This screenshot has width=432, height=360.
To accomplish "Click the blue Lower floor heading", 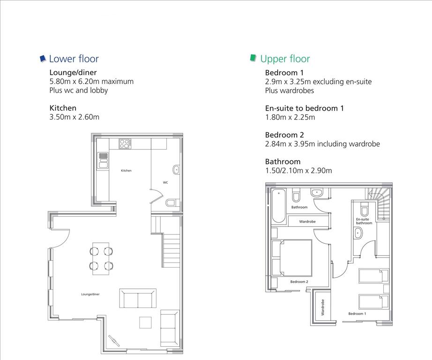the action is pyautogui.click(x=74, y=59).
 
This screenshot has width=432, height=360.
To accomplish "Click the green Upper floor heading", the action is pyautogui.click(x=285, y=59).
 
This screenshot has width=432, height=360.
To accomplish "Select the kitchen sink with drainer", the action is pyautogui.click(x=104, y=160).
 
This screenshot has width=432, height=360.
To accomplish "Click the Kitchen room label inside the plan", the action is pyautogui.click(x=126, y=171).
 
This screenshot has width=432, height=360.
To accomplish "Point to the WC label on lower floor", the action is pyautogui.click(x=165, y=182).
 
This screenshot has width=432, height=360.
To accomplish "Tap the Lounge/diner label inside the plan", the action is pyautogui.click(x=90, y=294).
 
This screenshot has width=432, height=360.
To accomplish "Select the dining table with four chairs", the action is pyautogui.click(x=101, y=259).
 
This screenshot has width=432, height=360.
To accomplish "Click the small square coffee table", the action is pyautogui.click(x=145, y=322).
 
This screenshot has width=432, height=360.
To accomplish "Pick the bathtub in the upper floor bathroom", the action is pyautogui.click(x=278, y=205).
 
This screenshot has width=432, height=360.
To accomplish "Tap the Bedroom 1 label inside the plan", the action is pyautogui.click(x=357, y=314).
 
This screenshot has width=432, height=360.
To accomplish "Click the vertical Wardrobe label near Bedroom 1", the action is pyautogui.click(x=323, y=307).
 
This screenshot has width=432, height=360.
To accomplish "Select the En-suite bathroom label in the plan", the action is pyautogui.click(x=364, y=221).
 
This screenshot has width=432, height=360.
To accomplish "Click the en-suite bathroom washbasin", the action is pyautogui.click(x=358, y=233).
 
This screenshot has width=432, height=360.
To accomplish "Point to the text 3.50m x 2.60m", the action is pyautogui.click(x=74, y=117).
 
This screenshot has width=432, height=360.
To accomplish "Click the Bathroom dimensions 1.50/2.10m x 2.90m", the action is pyautogui.click(x=298, y=170).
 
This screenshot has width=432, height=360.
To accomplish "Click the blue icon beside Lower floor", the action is pyautogui.click(x=43, y=59).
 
